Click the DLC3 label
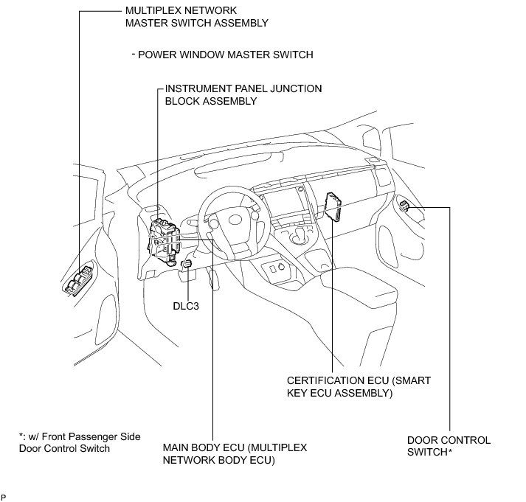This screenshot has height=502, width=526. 186,285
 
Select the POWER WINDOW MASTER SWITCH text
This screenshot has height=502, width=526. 226,55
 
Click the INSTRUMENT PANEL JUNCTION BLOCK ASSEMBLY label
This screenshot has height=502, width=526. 243,94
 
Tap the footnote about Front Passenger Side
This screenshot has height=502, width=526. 80,442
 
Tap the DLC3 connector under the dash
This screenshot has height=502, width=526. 187,263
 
